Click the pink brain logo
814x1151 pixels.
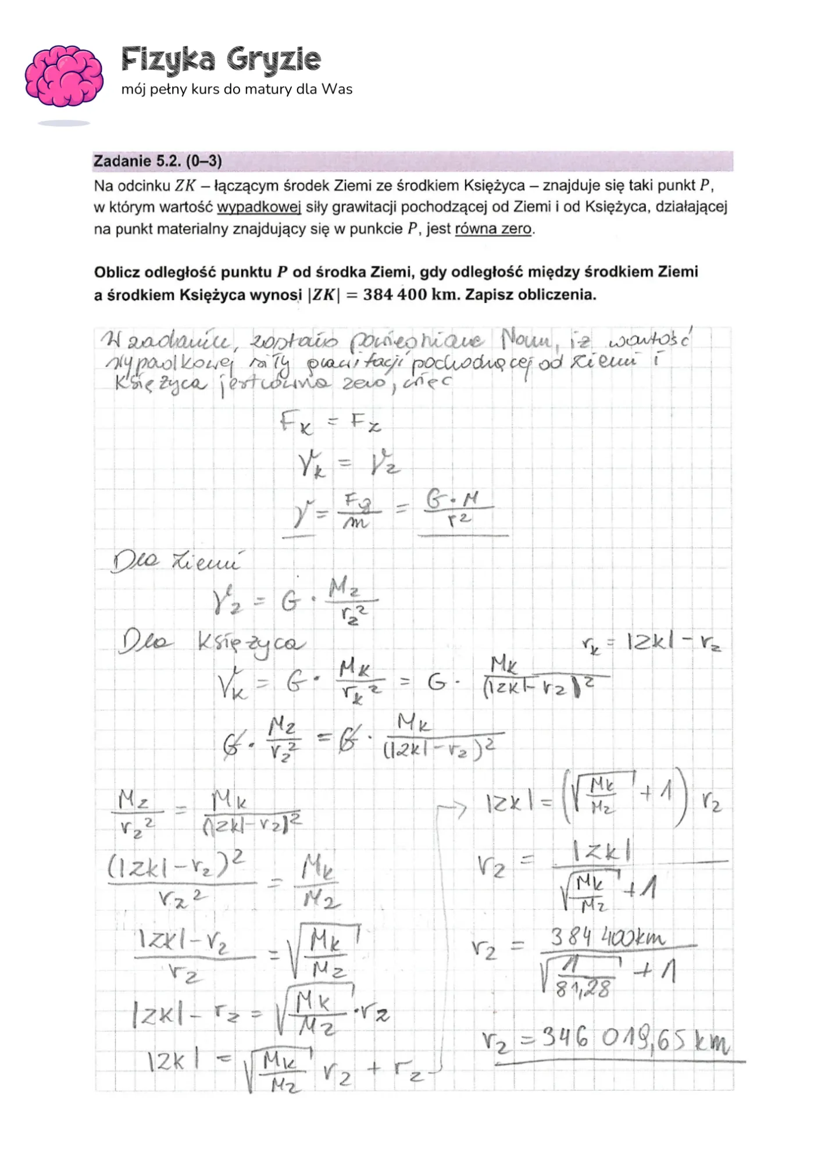(63, 76)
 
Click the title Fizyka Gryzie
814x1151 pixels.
(221, 59)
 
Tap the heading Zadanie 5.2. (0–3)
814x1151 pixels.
(158, 161)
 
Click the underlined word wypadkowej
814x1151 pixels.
(259, 207)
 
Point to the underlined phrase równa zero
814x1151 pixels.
(493, 229)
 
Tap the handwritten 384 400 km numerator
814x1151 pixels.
(607, 937)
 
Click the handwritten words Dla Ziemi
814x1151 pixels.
(175, 562)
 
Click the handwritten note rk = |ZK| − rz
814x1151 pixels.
(651, 643)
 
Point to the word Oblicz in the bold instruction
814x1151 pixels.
(117, 272)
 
